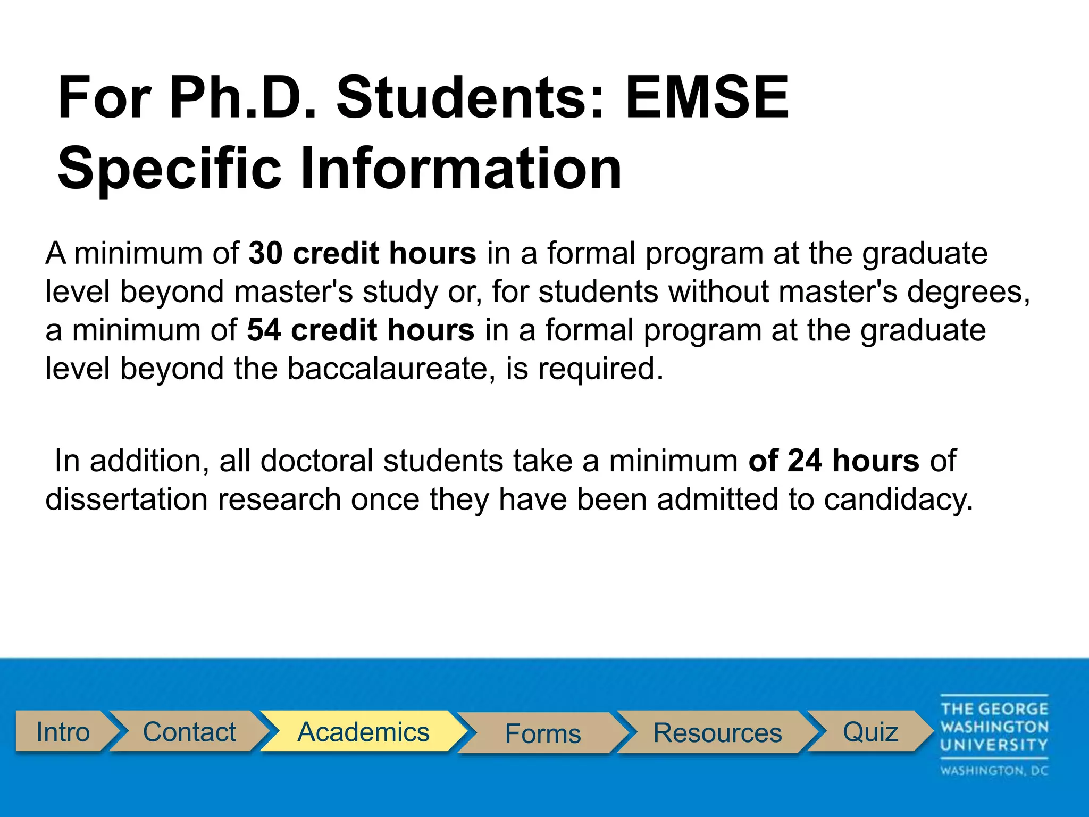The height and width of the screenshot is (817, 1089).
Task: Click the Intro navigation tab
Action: click(63, 732)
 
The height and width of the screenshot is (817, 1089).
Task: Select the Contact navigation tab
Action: click(189, 732)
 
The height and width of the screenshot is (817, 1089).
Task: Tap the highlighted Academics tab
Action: click(363, 732)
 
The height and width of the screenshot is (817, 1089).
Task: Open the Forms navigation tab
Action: click(542, 733)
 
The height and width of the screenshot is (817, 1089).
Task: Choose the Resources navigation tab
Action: click(717, 732)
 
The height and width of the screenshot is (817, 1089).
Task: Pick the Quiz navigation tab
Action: click(870, 732)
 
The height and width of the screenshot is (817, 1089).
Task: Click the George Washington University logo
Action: click(994, 735)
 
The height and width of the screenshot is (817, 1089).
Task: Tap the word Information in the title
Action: click(460, 169)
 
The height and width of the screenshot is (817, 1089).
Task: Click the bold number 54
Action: click(264, 330)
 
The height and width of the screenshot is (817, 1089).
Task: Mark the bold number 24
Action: click(805, 461)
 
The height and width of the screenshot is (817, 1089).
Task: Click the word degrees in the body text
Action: click(968, 292)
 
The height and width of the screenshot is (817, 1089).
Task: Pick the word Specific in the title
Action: click(169, 169)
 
